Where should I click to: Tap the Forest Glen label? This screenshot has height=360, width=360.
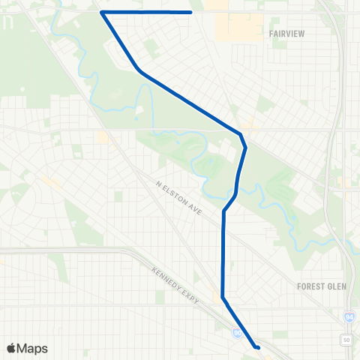coord(320,286)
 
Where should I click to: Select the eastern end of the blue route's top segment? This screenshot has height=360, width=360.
coord(191,12)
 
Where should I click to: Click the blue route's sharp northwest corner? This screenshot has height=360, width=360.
coord(101,12)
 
